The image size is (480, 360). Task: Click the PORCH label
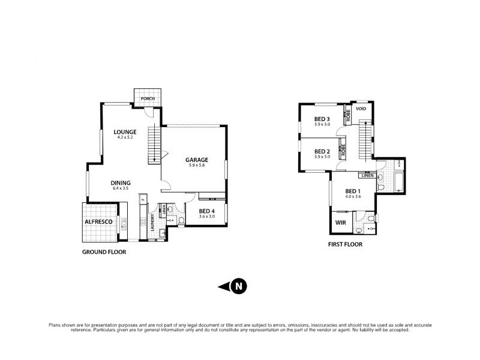pyautogui.click(x=147, y=99)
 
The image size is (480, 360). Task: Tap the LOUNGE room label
pyautogui.click(x=125, y=132)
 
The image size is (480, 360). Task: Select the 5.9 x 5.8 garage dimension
pyautogui.click(x=196, y=165)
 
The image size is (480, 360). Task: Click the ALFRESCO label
pyautogui.click(x=98, y=221)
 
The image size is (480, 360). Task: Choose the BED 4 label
pyautogui.click(x=206, y=211)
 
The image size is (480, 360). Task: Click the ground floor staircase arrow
pyautogui.click(x=155, y=157)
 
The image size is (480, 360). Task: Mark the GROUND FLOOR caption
pyautogui.click(x=104, y=253)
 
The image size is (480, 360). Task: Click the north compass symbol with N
pyautogui.click(x=238, y=286)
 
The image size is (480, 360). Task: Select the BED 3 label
pyautogui.click(x=322, y=119)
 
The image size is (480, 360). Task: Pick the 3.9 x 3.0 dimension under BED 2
pyautogui.click(x=322, y=157)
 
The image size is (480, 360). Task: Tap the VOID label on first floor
pyautogui.click(x=361, y=109)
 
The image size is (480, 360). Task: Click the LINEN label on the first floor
pyautogui.click(x=367, y=176)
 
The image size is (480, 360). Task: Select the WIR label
pyautogui.click(x=340, y=223)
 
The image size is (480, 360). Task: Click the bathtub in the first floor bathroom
pyautogui.click(x=396, y=179)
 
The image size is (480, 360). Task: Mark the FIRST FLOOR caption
pyautogui.click(x=345, y=245)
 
